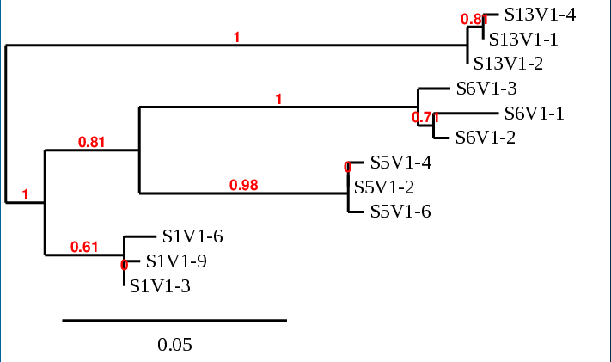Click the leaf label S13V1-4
pos(540,15)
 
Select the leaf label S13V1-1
pos(524,39)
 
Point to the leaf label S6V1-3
pos(486,89)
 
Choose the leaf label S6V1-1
pos(534,113)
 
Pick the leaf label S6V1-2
pos(486,138)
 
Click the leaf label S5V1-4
pos(400,163)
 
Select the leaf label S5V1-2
pos(384,187)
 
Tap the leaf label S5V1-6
pos(400,212)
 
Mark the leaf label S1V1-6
pos(192,236)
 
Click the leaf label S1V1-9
pos(176,261)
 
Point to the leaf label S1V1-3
pos(160,286)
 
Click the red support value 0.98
pos(243,185)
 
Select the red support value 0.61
pos(84,247)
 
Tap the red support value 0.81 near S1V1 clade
pos(91,143)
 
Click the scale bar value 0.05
pos(174,346)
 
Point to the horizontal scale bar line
pos(174,321)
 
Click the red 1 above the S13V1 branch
pos(237,37)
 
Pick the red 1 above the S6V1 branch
pos(278,100)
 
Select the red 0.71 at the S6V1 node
pos(425,117)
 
